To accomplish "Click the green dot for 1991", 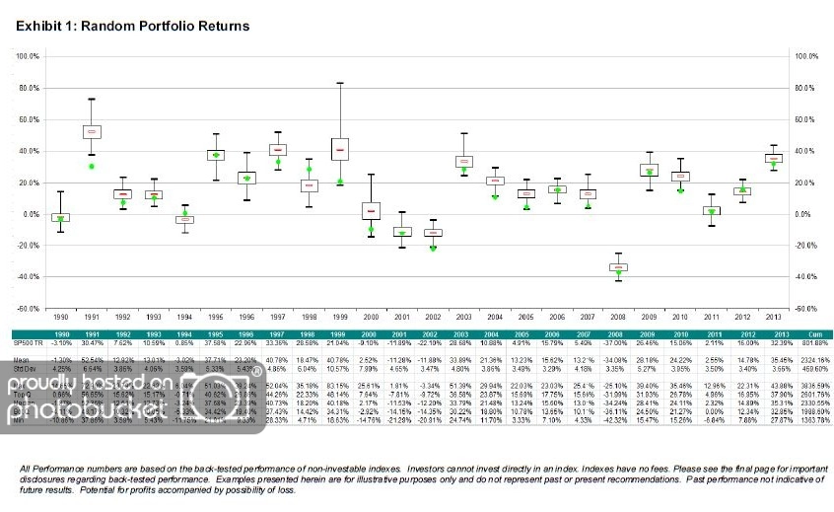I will tap(91, 166).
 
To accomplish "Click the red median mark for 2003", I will tap(463, 161).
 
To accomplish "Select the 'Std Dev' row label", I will tap(28, 369).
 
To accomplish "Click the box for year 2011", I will tap(710, 210).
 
